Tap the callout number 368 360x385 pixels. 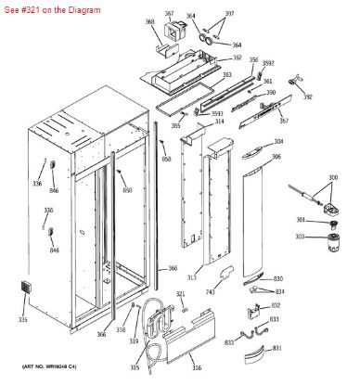(149, 21)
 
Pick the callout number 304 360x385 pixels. (277, 142)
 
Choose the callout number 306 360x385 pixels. (276, 158)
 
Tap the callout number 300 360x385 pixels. (332, 177)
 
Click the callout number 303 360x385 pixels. (300, 237)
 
